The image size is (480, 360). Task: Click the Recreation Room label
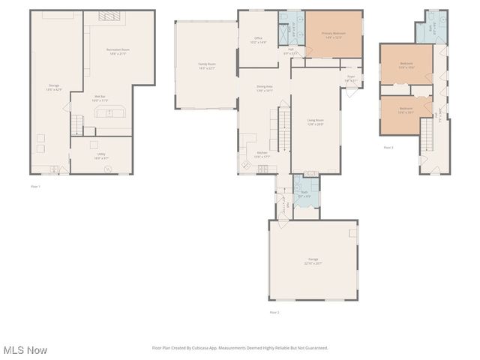(x=117, y=52)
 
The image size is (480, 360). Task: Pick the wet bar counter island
(x=109, y=113)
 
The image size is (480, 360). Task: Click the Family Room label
(x=206, y=66)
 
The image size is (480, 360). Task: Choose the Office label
(x=258, y=40)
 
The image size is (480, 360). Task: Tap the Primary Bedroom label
(x=332, y=34)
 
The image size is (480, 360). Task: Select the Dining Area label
(x=264, y=88)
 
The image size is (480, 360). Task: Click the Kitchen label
(x=262, y=154)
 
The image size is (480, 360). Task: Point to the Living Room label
(x=315, y=121)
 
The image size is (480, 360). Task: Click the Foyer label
(x=350, y=77)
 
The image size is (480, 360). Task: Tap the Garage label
(x=312, y=262)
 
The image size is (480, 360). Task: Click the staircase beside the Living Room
(x=283, y=128)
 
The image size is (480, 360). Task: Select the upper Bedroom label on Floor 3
(x=406, y=64)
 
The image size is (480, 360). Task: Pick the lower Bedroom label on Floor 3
(x=406, y=109)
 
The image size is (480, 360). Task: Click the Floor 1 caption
(x=35, y=186)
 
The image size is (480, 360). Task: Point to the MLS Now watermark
(x=25, y=350)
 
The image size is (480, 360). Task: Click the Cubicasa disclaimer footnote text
(x=240, y=348)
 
